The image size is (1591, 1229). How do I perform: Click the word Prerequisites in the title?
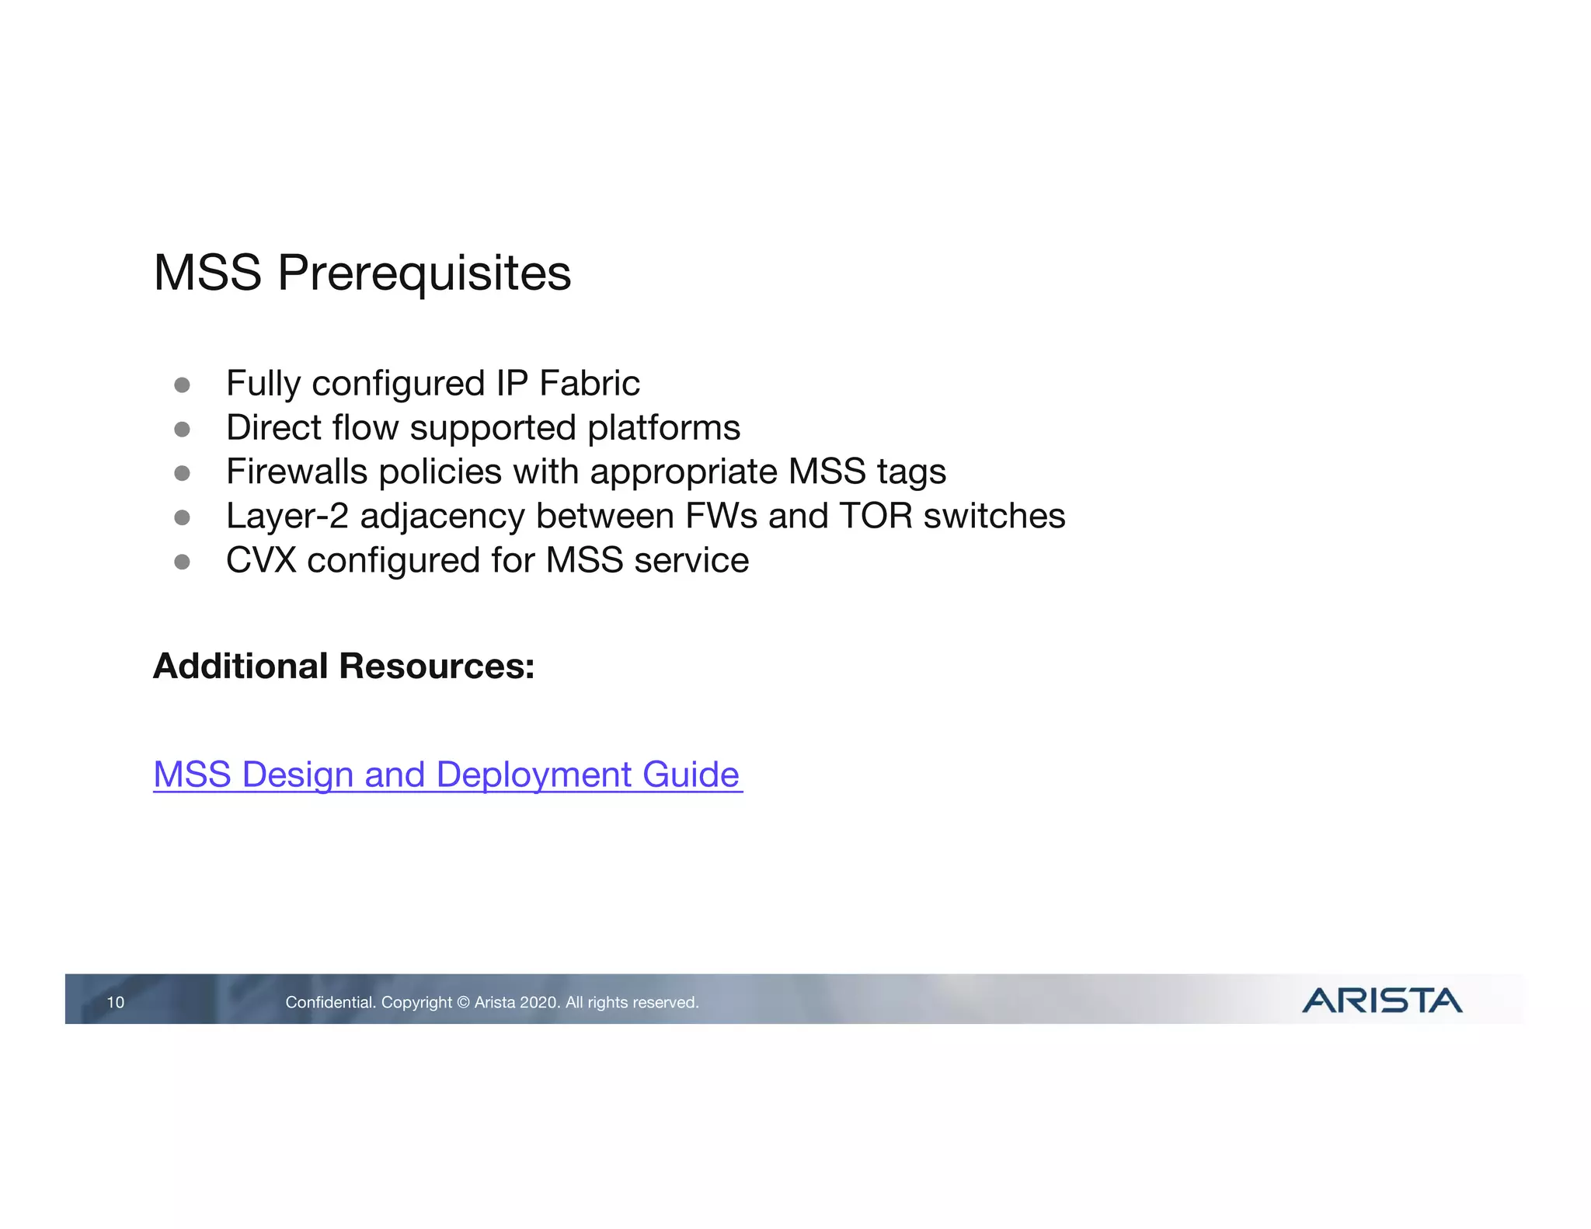pyautogui.click(x=424, y=273)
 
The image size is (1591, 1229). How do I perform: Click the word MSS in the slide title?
pyautogui.click(x=207, y=273)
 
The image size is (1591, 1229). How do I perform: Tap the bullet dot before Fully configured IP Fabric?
pyautogui.click(x=183, y=385)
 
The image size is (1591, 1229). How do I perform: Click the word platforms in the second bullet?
pyautogui.click(x=663, y=428)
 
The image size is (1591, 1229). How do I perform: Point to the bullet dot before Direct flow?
pyautogui.click(x=183, y=430)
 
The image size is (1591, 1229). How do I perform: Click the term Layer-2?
pyautogui.click(x=287, y=517)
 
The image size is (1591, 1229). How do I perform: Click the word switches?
pyautogui.click(x=994, y=516)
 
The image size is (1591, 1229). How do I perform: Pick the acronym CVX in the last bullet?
pyautogui.click(x=261, y=561)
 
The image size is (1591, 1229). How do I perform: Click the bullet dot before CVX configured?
pyautogui.click(x=183, y=562)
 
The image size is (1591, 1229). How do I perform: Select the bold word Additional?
pyautogui.click(x=241, y=667)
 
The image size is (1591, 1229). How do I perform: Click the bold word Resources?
pyautogui.click(x=437, y=667)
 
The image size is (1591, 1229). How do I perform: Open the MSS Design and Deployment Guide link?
pyautogui.click(x=447, y=775)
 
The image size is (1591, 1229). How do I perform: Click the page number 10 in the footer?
pyautogui.click(x=115, y=1002)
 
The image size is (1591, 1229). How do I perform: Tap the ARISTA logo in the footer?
pyautogui.click(x=1381, y=1001)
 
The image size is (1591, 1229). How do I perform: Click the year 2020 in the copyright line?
pyautogui.click(x=538, y=1003)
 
